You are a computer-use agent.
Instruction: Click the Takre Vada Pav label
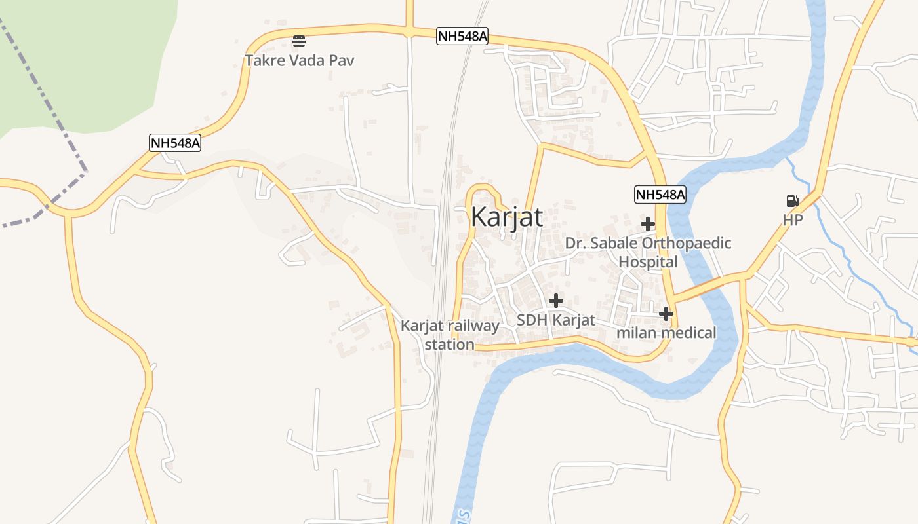[300, 61]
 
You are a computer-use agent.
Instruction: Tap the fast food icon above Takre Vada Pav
[299, 41]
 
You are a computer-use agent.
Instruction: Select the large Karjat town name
[507, 217]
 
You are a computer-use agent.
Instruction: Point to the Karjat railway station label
[450, 335]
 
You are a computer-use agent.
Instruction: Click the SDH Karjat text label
[555, 320]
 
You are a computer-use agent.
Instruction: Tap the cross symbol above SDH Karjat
[556, 301]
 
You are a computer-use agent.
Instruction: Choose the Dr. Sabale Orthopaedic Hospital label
[648, 252]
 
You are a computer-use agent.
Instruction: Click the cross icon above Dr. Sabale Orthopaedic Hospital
[648, 224]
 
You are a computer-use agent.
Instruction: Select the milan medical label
[666, 333]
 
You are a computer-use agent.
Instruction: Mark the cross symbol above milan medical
[666, 314]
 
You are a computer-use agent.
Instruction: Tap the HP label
[792, 220]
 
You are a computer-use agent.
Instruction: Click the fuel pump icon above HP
[792, 201]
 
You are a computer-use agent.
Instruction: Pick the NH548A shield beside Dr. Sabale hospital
[660, 194]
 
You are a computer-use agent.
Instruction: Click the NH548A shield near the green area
[174, 143]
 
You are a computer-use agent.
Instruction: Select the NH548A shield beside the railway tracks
[462, 36]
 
